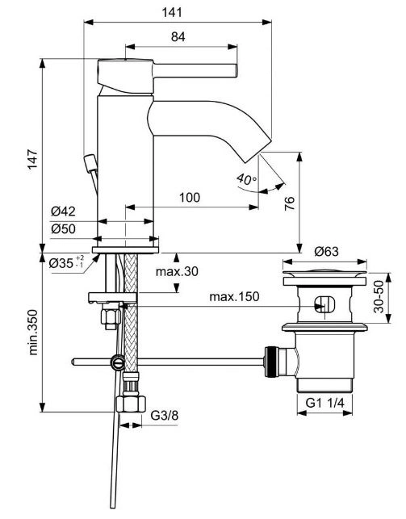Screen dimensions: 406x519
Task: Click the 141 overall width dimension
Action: tap(172, 12)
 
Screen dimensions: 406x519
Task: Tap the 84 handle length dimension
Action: tap(178, 37)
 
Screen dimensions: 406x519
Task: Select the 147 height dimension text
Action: tap(32, 159)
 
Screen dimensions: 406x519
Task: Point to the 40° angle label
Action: tap(246, 179)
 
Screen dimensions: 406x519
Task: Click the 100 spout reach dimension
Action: tap(190, 198)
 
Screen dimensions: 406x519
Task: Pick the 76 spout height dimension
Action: tap(289, 203)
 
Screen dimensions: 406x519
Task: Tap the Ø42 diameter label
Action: tap(63, 211)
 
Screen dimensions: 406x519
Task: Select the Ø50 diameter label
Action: tap(63, 228)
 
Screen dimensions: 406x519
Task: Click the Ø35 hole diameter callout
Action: tap(66, 263)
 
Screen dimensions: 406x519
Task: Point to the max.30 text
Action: tap(177, 271)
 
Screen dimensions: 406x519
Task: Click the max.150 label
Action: tap(234, 296)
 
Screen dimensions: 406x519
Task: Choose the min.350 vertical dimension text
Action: tap(33, 332)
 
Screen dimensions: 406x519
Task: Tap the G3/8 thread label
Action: tap(165, 415)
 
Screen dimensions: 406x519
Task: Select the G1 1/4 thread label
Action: tap(325, 403)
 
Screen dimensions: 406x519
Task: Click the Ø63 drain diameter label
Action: tap(327, 252)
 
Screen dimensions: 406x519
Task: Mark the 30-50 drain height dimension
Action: tap(379, 297)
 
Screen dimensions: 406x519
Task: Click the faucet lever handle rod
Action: tap(195, 70)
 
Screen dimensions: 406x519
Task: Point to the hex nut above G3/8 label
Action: tap(131, 404)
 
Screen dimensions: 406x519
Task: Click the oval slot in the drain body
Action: tap(324, 304)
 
